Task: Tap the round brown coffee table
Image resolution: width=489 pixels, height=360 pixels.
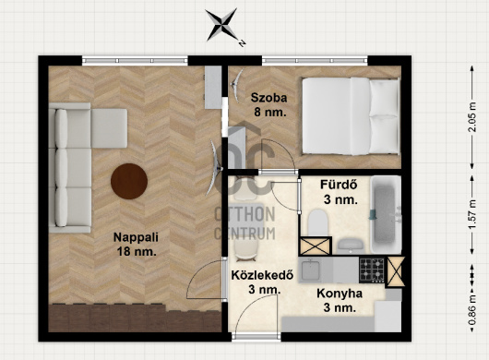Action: click(x=129, y=181)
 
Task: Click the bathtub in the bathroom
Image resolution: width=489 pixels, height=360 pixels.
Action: click(x=386, y=215)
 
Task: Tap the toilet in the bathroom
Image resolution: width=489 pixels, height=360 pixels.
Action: click(x=317, y=222)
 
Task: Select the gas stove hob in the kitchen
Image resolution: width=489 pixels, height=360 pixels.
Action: click(x=372, y=270)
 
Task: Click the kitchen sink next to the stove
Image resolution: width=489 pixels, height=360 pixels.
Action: click(x=311, y=270)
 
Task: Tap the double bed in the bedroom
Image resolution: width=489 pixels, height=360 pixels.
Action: click(x=351, y=116)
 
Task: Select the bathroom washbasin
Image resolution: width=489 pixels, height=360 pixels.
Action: click(x=351, y=246)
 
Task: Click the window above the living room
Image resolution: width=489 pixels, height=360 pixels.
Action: click(x=135, y=61)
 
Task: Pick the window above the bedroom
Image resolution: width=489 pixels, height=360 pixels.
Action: click(x=315, y=61)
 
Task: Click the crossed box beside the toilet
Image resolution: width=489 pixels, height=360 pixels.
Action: click(x=315, y=246)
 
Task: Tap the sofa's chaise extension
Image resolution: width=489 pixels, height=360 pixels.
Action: click(x=109, y=128)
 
